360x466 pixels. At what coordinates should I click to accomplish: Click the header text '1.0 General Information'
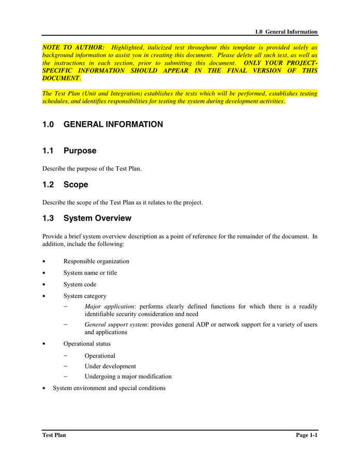tap(286, 32)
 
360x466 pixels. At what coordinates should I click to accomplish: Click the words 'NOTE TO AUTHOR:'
tap(73, 47)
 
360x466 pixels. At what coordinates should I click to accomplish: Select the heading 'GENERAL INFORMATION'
tap(113, 125)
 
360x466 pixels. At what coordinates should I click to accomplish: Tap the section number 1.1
tap(48, 151)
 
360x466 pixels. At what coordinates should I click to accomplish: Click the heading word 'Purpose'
tap(80, 151)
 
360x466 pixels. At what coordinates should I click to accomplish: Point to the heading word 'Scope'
tap(76, 185)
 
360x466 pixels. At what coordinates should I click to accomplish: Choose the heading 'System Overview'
tap(97, 219)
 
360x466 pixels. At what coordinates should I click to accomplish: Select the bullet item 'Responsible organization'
tap(96, 261)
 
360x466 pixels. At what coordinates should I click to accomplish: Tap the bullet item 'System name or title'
tap(90, 273)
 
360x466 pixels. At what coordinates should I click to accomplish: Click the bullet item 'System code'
tap(80, 285)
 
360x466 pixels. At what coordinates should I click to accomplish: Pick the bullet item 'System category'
tap(85, 296)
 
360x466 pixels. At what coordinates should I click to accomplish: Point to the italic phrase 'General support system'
tap(116, 325)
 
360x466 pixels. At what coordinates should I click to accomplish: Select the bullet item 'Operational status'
tap(87, 344)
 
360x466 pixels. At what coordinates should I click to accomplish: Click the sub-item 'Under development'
tap(110, 367)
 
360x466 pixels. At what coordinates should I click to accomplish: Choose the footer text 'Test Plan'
tap(54, 435)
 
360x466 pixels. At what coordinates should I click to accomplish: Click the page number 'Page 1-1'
tap(306, 435)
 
